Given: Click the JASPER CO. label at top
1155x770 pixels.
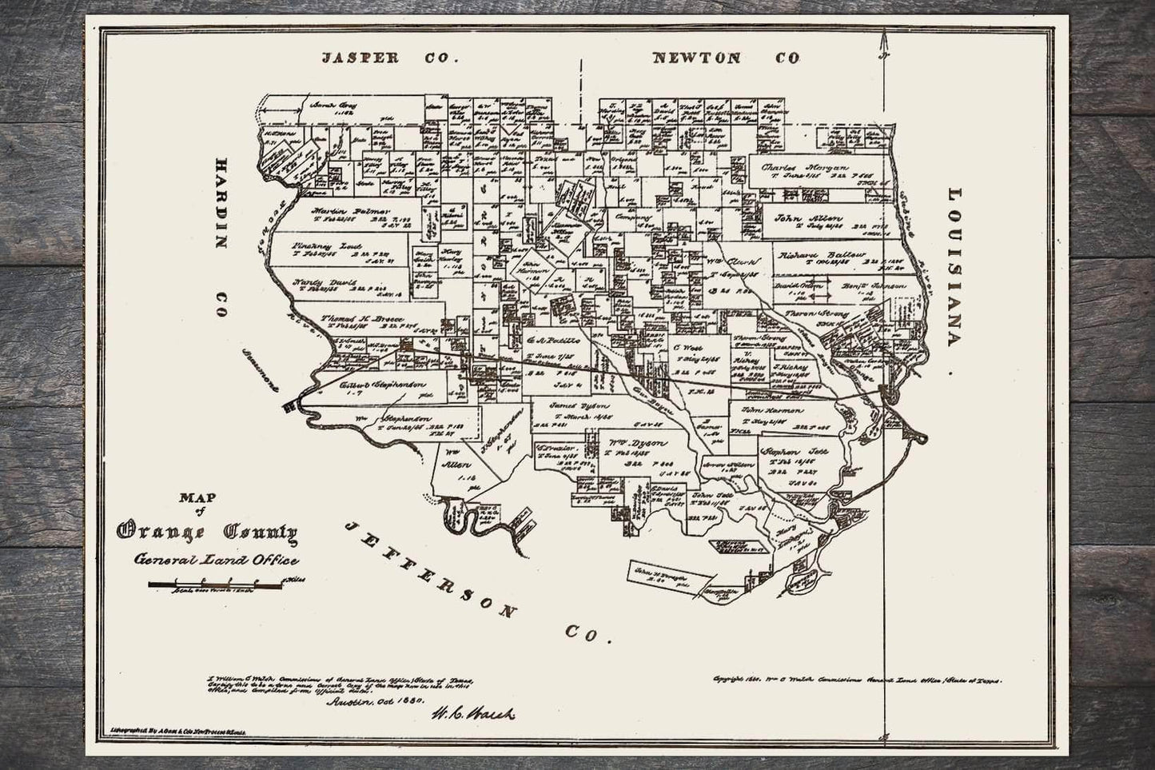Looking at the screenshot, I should pos(388,58).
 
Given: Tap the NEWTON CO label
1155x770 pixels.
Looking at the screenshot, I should pos(726,58).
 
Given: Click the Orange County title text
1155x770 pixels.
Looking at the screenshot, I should pos(208,531).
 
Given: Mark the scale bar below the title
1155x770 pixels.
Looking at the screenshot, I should pos(216,586).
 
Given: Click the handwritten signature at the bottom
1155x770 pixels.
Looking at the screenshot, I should pos(473,713).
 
